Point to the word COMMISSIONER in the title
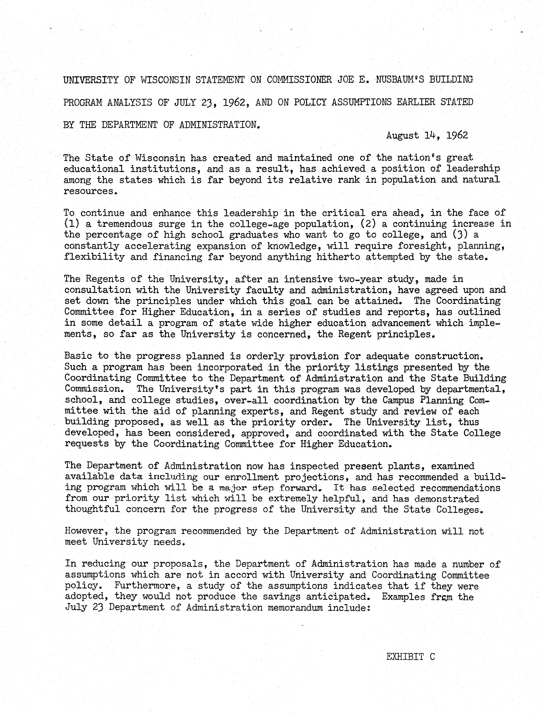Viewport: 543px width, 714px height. click(299, 80)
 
